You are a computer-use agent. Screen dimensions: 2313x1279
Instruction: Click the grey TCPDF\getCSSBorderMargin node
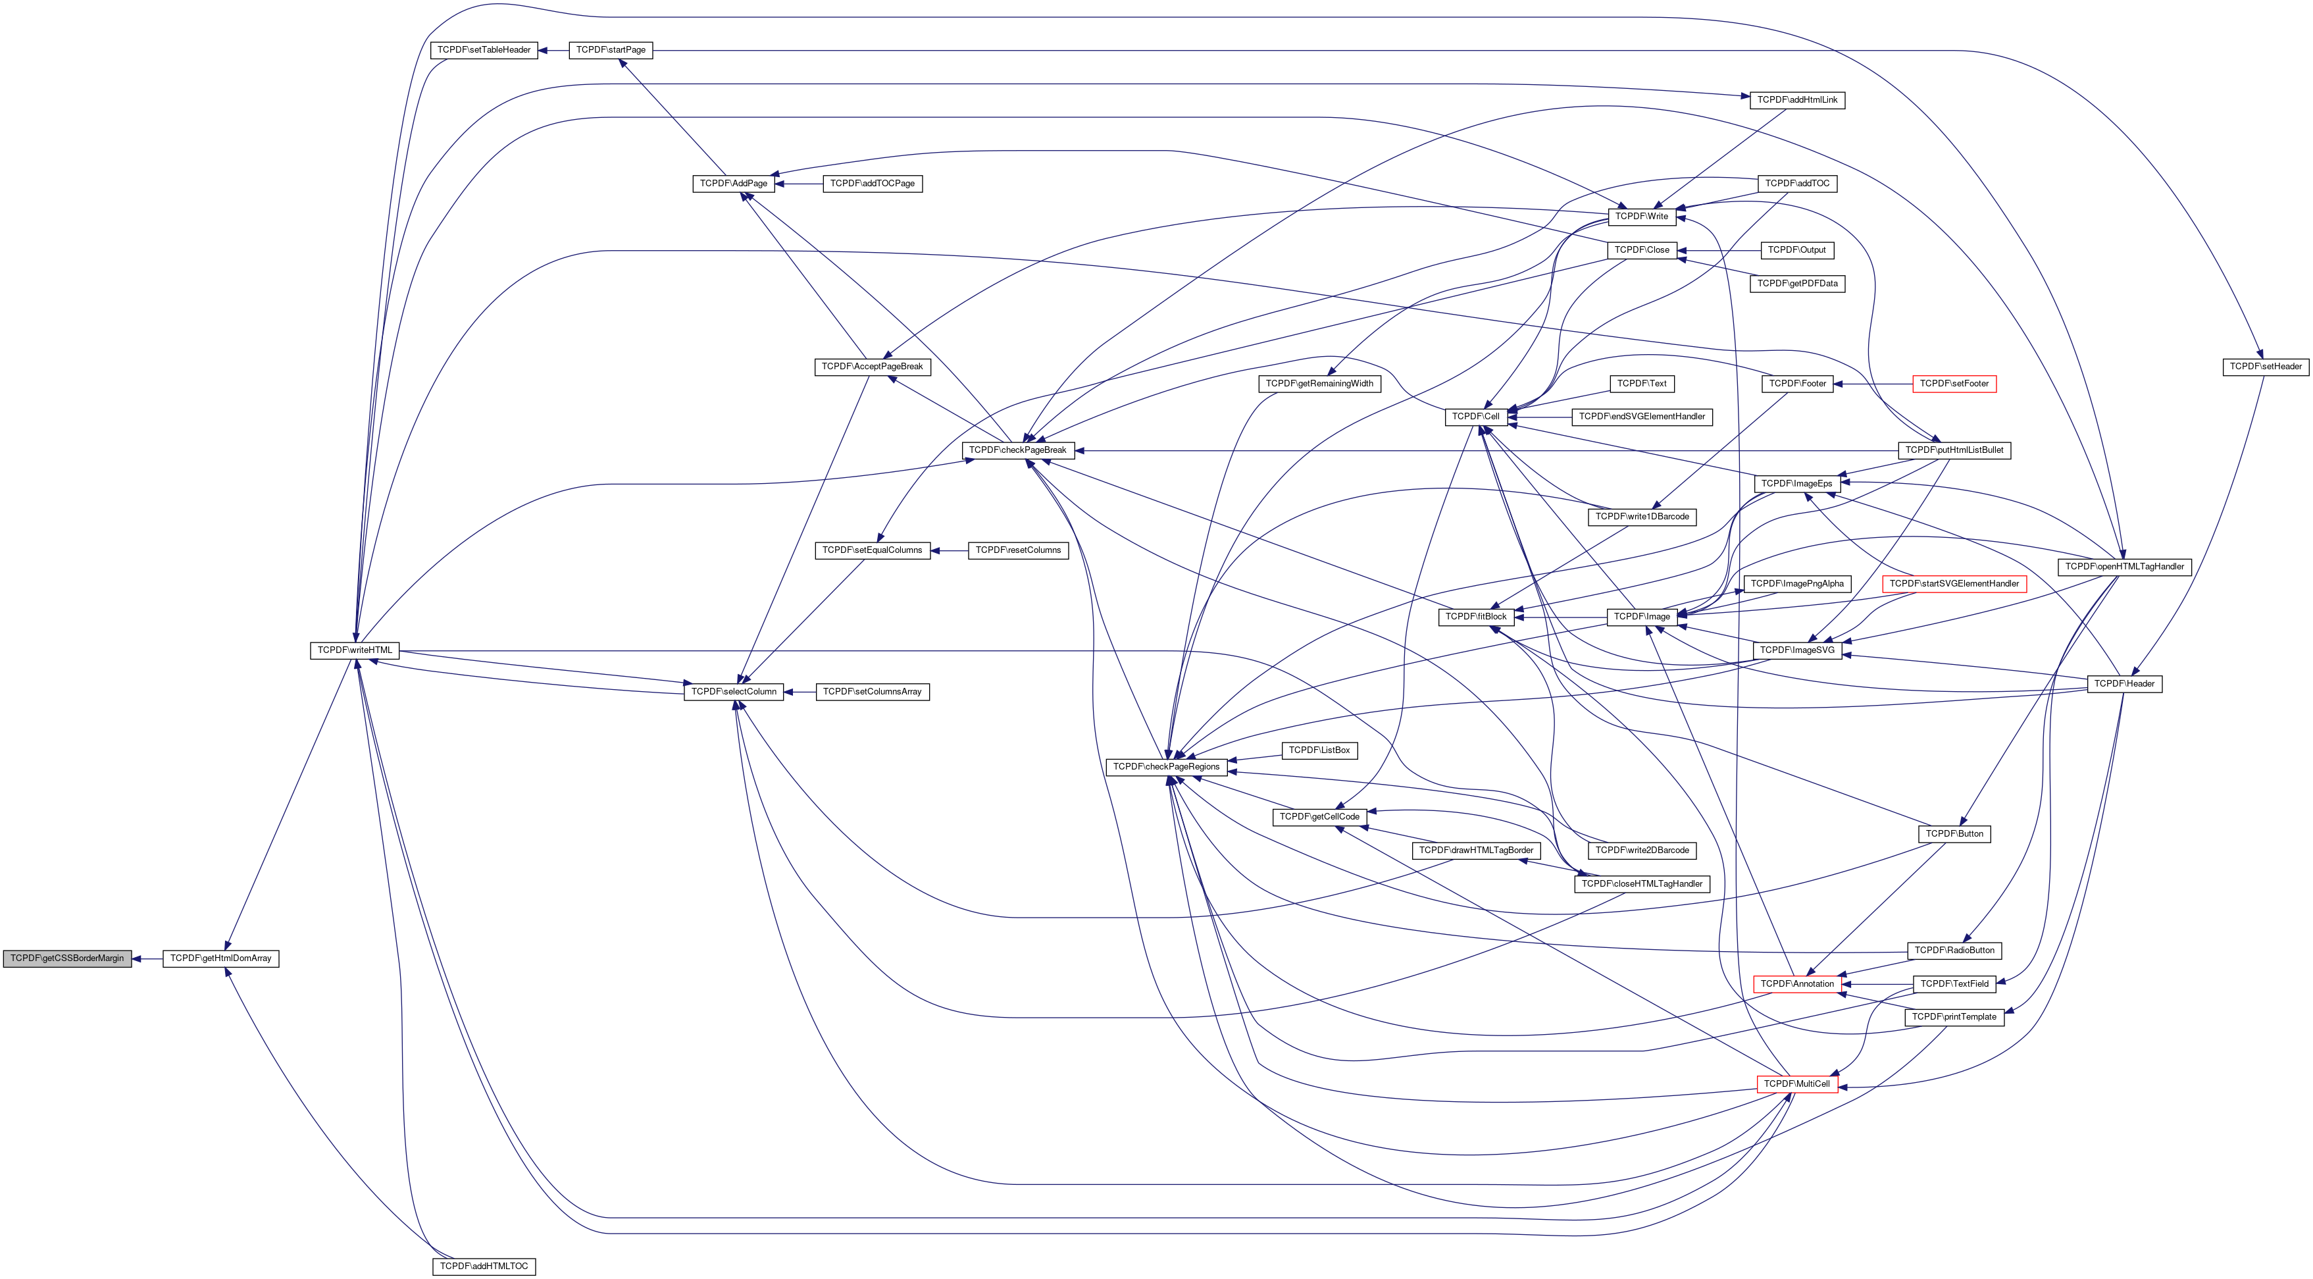pos(67,958)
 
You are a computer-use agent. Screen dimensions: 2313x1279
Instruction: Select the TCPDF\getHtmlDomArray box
pos(221,958)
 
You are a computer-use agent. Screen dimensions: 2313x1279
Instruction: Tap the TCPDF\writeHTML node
pos(355,650)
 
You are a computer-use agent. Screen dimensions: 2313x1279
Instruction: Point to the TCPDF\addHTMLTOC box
pos(484,1266)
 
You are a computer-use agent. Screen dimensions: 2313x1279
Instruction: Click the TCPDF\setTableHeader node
pos(484,50)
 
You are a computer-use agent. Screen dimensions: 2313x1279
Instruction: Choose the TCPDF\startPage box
pos(611,50)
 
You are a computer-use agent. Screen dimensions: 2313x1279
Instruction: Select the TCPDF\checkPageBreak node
pos(1018,450)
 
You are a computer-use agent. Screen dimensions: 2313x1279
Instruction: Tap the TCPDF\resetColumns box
pos(1018,550)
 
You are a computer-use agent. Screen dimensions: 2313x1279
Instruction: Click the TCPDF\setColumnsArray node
pos(872,692)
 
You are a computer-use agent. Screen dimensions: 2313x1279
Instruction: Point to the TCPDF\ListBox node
pos(1319,750)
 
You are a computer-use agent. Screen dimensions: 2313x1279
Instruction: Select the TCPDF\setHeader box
pos(2266,367)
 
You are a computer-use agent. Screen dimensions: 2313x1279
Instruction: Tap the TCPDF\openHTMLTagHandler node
pos(2124,567)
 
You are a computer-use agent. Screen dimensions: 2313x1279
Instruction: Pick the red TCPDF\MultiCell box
pos(1796,1084)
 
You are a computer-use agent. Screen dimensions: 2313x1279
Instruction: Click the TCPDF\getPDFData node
pos(1798,284)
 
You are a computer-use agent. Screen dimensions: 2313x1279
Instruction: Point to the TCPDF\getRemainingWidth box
pos(1319,384)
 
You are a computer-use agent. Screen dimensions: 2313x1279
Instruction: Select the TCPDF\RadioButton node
pos(1954,951)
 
